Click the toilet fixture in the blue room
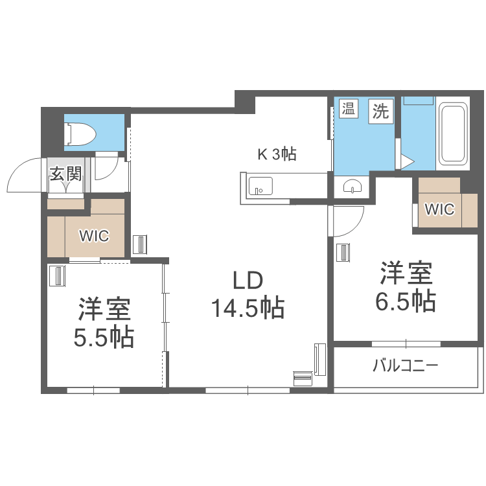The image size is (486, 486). click(80, 134)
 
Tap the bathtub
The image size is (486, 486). click(452, 134)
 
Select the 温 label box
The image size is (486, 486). click(349, 110)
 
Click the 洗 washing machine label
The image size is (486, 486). click(381, 111)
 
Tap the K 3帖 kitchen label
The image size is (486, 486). click(277, 154)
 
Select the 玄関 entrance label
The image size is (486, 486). click(67, 173)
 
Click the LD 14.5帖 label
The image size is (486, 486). click(248, 294)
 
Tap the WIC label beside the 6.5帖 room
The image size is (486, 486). click(439, 209)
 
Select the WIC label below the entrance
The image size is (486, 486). click(94, 235)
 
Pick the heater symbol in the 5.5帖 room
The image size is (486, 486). click(58, 276)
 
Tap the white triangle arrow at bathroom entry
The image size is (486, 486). click(406, 161)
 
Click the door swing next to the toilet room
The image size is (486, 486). click(104, 167)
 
